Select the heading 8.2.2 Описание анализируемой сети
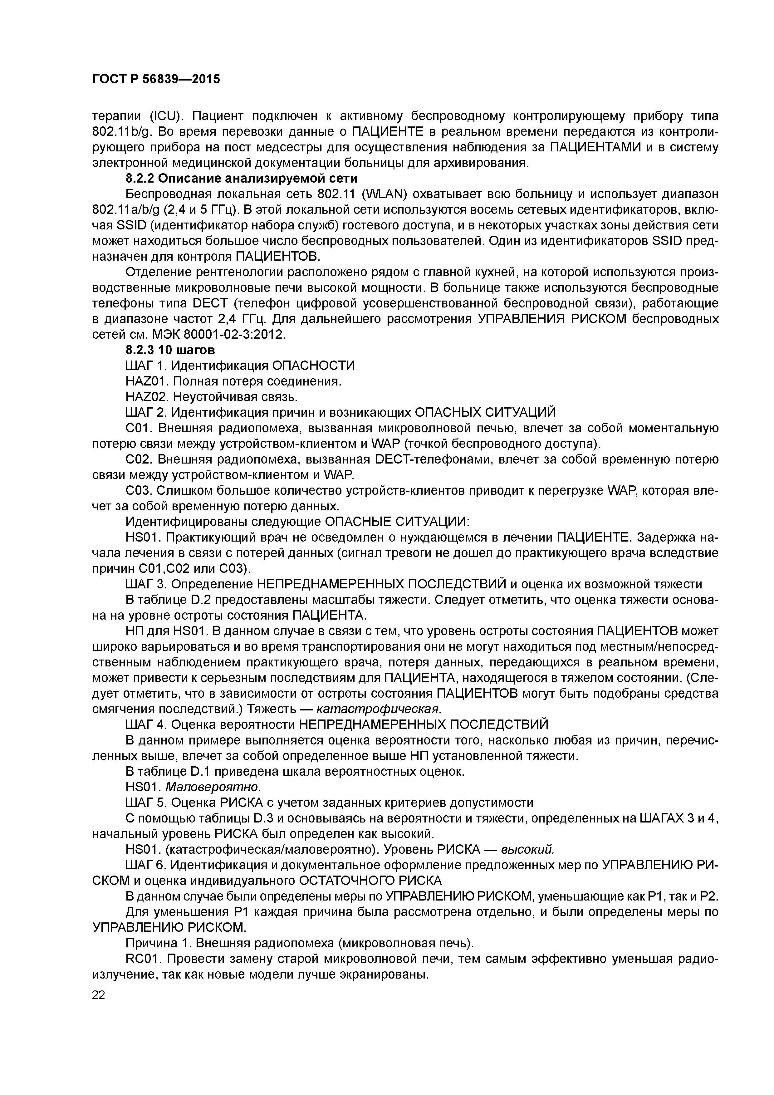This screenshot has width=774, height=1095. pos(241,178)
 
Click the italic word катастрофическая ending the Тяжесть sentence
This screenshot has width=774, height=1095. pos(379,709)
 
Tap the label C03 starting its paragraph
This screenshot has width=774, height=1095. pos(138,491)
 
